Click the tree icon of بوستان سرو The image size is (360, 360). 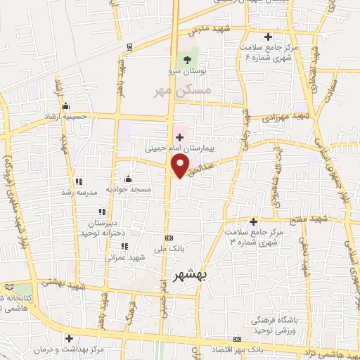tap(186, 59)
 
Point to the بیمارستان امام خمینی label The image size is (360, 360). tap(178, 149)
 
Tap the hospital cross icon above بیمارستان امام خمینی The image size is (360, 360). tap(179, 137)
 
